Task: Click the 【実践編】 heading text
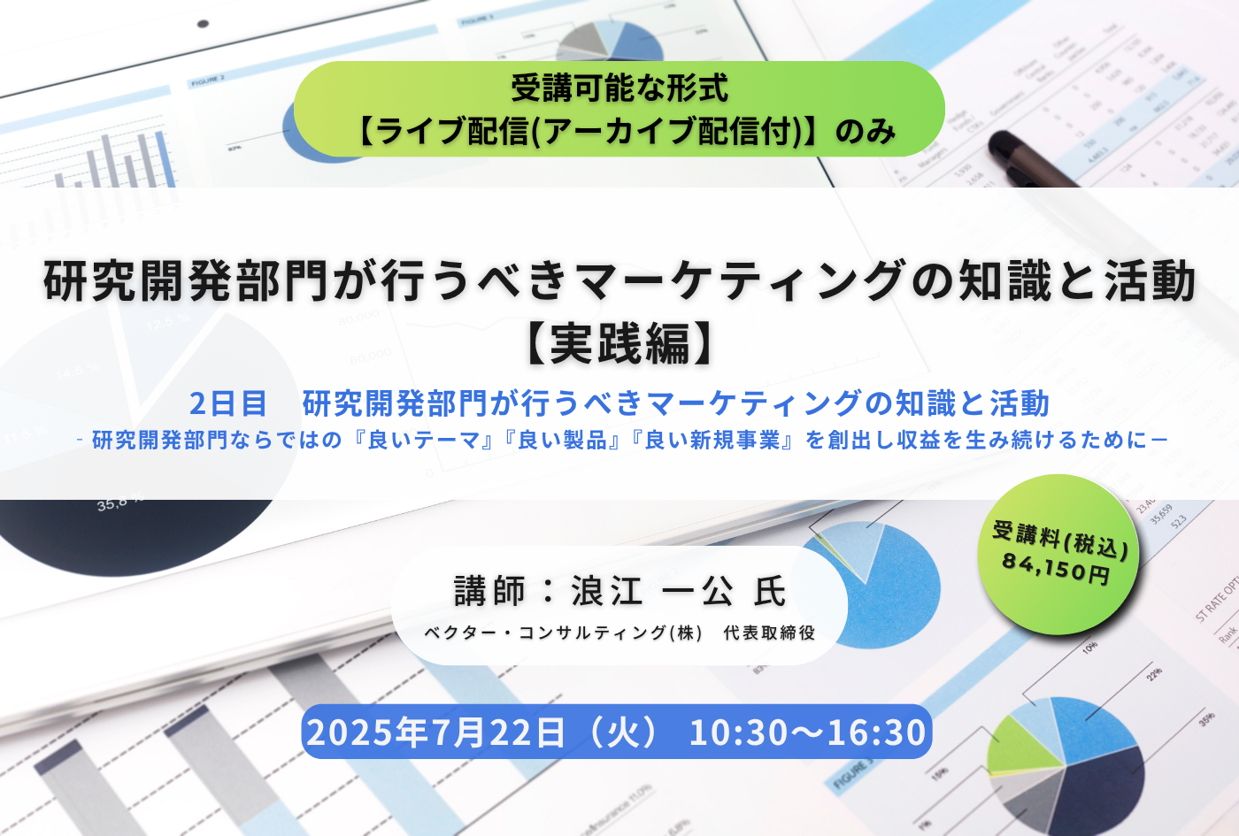click(x=619, y=344)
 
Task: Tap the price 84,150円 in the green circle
click(x=1055, y=569)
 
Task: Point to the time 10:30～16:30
click(x=807, y=732)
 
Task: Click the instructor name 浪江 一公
click(x=653, y=591)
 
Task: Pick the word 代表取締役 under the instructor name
click(x=769, y=633)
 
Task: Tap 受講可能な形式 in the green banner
click(x=619, y=88)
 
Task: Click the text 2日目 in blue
click(x=228, y=403)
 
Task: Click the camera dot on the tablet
click(x=203, y=24)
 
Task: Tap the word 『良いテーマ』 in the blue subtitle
click(x=422, y=441)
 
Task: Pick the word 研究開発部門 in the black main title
click(x=186, y=281)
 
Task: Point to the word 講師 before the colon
click(x=489, y=591)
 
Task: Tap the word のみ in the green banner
click(x=866, y=132)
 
